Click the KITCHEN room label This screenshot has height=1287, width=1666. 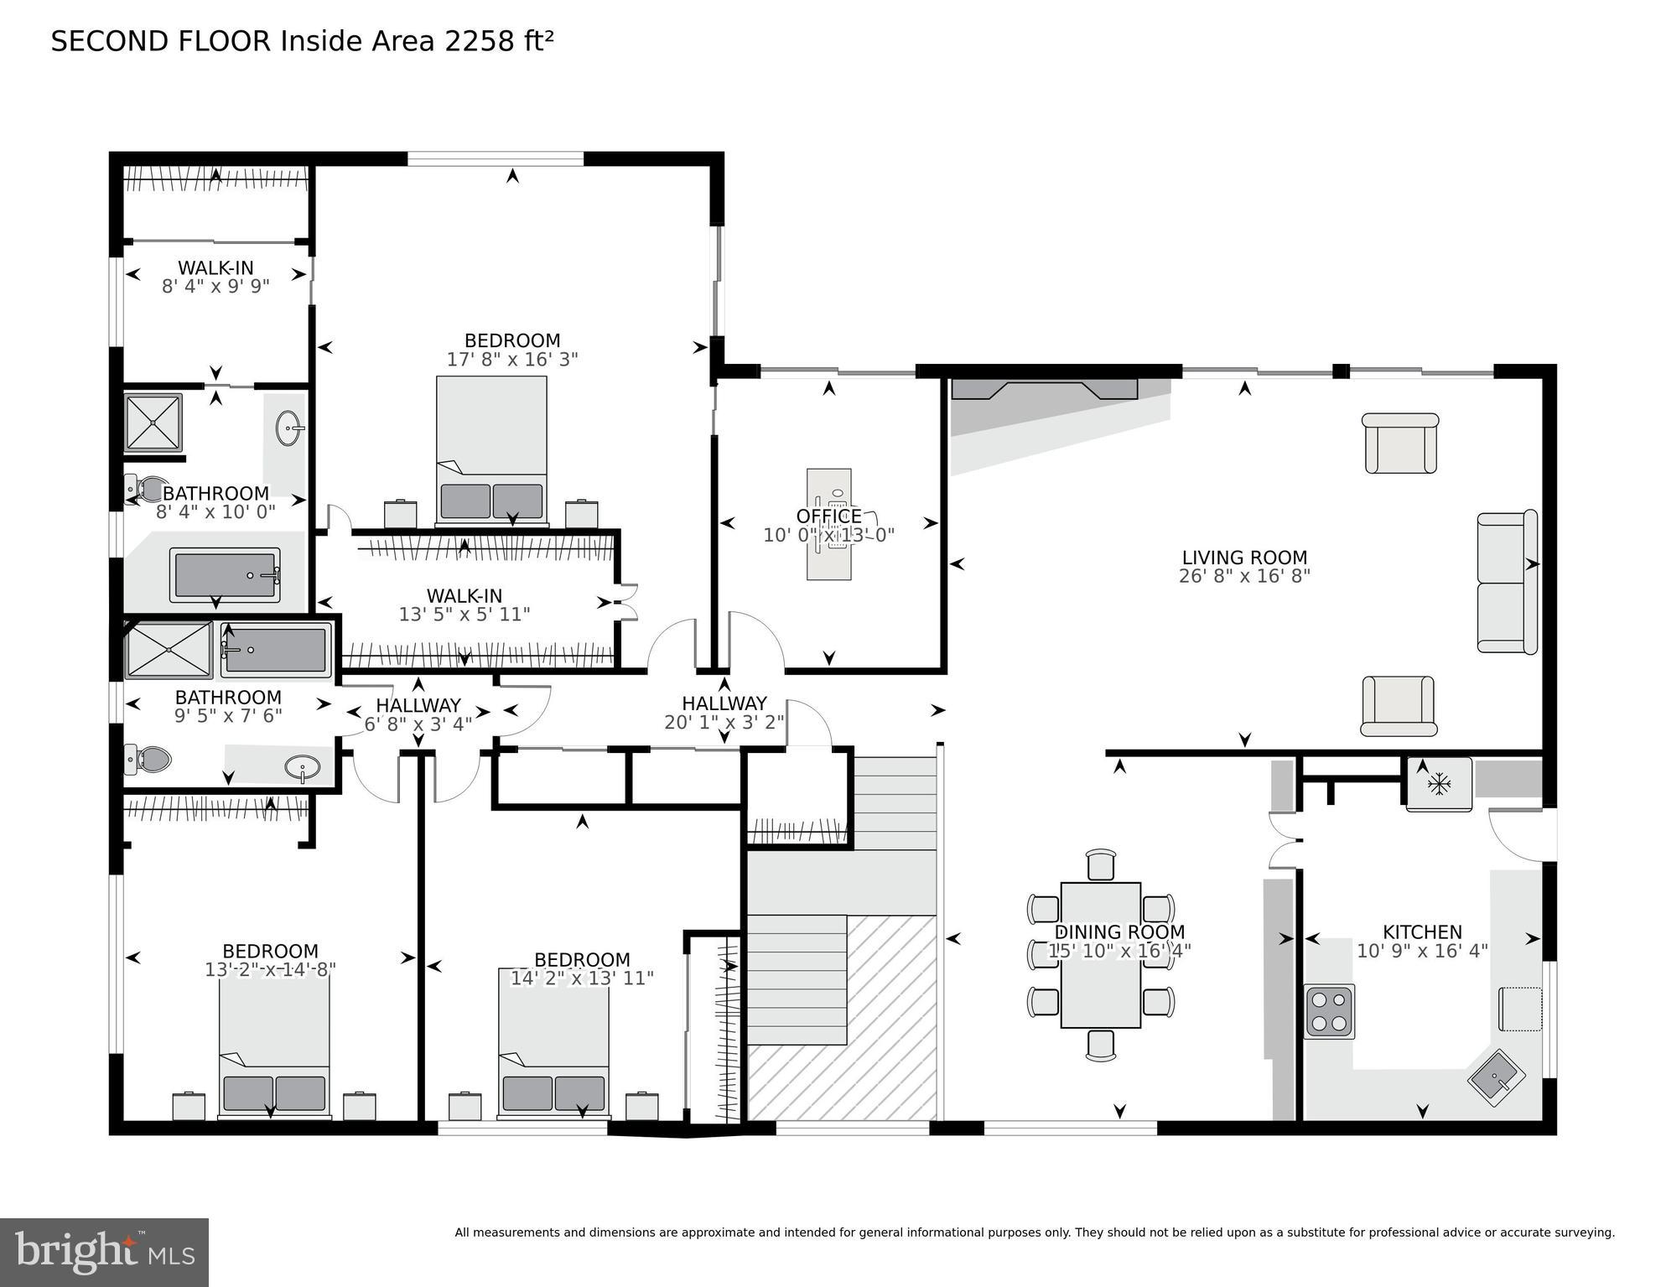tap(1422, 932)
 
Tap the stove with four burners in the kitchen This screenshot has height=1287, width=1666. tap(1329, 1011)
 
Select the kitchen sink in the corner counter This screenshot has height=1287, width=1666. tap(1497, 1077)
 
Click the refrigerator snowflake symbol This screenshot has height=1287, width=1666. tap(1439, 785)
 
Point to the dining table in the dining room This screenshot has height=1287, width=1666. tap(1100, 954)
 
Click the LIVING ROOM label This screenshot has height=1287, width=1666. tap(1244, 558)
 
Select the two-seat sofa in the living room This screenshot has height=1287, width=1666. tap(1507, 582)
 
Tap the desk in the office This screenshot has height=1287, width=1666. tap(829, 524)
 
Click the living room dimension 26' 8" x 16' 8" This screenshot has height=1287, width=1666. tap(1244, 576)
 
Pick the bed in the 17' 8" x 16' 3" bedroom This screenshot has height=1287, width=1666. tap(491, 451)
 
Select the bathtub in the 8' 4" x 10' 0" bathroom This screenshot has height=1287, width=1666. tap(225, 575)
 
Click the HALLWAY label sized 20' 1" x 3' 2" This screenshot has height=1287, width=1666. tap(724, 703)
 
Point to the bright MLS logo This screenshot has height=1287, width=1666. tap(104, 1253)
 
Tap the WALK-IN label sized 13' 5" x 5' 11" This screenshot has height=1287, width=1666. tap(465, 596)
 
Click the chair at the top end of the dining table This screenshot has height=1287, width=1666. tap(1101, 865)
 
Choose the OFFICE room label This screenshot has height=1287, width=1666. tap(828, 516)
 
